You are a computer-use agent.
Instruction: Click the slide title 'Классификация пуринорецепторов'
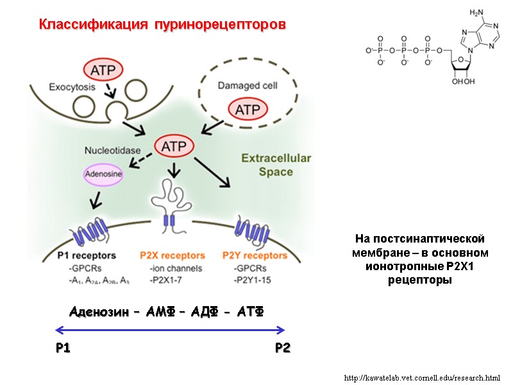tap(162, 25)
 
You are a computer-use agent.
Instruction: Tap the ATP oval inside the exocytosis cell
tap(103, 70)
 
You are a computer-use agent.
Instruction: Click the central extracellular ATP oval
tap(174, 146)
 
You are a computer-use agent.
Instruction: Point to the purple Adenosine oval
tap(104, 173)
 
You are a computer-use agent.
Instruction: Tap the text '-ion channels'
tap(175, 268)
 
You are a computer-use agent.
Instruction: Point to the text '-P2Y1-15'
tap(253, 279)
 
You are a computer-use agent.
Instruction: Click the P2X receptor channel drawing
tap(170, 205)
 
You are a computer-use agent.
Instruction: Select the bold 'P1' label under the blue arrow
tap(63, 348)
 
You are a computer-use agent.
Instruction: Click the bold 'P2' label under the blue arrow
tap(282, 348)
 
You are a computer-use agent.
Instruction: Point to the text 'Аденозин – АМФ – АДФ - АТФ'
tap(165, 311)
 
